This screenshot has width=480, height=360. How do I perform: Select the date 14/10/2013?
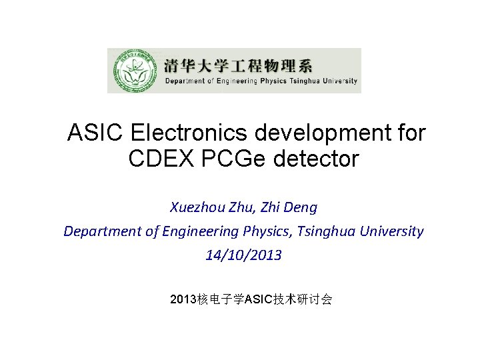click(243, 255)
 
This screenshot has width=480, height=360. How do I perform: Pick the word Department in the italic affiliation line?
click(103, 231)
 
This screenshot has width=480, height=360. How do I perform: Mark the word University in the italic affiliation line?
click(392, 231)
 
